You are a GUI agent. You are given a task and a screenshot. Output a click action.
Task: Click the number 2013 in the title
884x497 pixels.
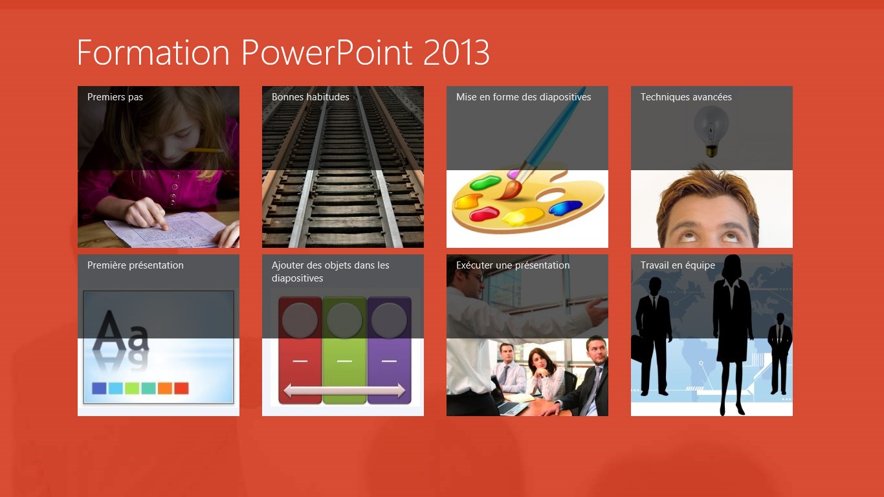tap(456, 52)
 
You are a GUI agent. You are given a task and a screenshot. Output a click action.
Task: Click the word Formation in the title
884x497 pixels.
tap(153, 52)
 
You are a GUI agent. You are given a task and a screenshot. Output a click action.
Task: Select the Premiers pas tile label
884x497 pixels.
tap(115, 97)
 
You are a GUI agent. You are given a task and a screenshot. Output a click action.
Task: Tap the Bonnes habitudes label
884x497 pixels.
tap(310, 96)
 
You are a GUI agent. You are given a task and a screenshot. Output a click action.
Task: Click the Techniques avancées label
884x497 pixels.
tap(686, 97)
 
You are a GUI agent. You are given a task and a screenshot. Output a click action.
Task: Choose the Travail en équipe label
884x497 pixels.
tap(678, 265)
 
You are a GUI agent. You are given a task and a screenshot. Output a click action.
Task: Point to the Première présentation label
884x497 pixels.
tap(135, 265)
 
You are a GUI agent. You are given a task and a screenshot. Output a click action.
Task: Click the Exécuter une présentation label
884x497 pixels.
tap(513, 265)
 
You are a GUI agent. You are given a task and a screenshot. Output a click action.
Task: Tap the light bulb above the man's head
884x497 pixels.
tap(711, 132)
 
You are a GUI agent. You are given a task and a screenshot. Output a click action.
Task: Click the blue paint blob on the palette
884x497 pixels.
tap(566, 207)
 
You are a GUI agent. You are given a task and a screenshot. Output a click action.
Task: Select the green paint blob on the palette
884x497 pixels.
tap(485, 183)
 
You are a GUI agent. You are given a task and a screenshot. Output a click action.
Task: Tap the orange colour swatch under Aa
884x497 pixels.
tap(165, 388)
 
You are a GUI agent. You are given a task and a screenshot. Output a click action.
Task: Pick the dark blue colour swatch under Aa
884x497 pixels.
tap(99, 388)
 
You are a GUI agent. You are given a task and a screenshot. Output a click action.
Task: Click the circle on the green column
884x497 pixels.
tap(344, 320)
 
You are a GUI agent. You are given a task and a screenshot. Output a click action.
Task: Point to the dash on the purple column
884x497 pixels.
tap(389, 361)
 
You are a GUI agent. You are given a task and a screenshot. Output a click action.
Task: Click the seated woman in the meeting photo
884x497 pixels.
tap(544, 373)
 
